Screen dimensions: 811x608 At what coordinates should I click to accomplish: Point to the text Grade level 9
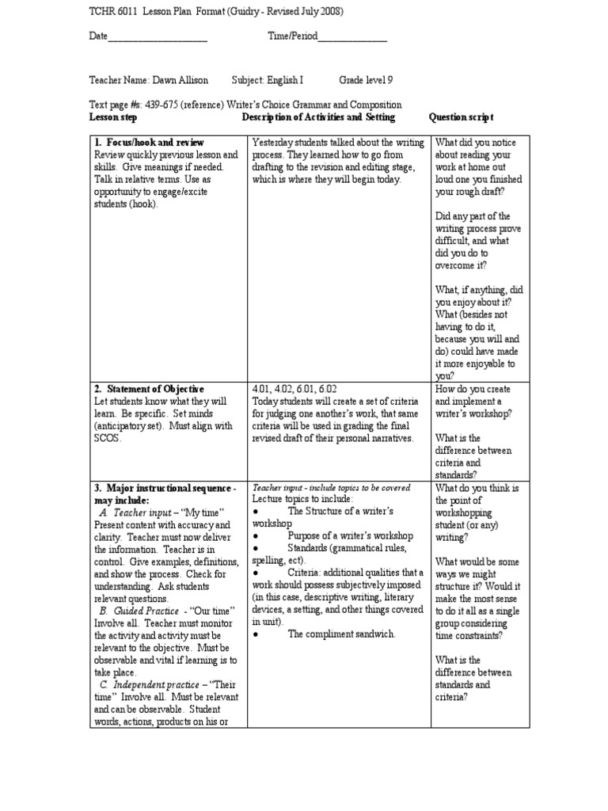366,81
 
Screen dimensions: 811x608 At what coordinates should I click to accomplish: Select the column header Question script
461,117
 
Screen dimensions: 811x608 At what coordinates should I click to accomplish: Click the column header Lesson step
113,117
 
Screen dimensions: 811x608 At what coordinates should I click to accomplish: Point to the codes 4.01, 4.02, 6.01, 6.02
294,389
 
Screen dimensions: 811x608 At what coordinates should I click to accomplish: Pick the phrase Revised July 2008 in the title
287,11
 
